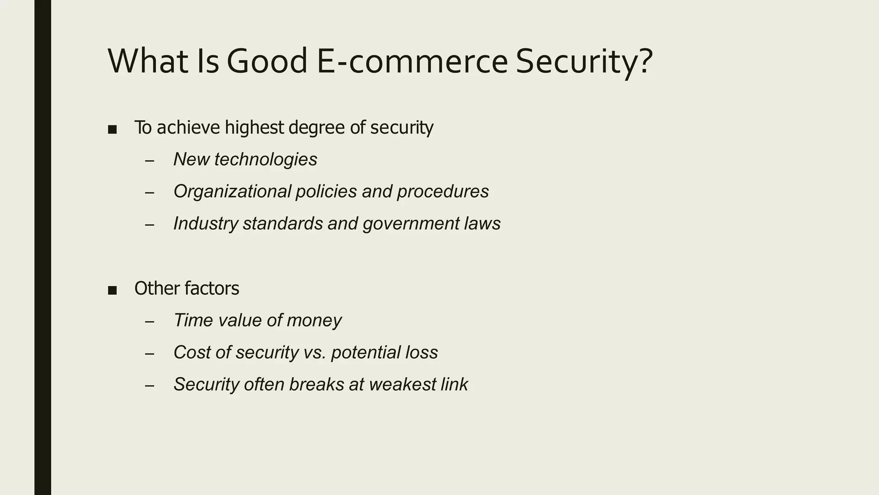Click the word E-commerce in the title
coord(412,61)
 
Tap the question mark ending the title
coord(645,61)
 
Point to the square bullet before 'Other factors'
coord(112,290)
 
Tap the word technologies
coord(266,160)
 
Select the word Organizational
coord(232,192)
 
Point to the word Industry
coord(206,224)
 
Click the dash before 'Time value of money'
coord(149,321)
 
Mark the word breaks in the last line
coord(316,384)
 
